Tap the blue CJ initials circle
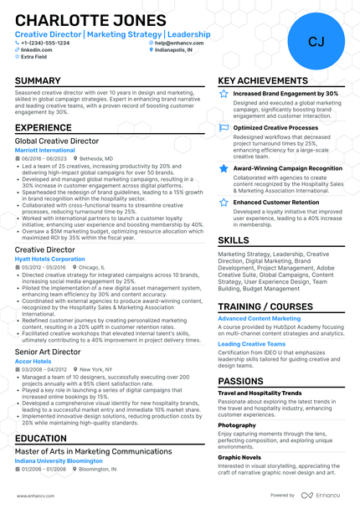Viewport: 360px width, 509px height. tap(316, 41)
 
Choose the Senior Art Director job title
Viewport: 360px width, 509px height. tap(48, 352)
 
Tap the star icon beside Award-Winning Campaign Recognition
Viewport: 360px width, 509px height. tap(223, 168)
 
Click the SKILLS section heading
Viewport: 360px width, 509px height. tap(234, 240)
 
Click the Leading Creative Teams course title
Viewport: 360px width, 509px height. tap(252, 343)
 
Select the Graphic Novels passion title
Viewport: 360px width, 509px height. tap(239, 457)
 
